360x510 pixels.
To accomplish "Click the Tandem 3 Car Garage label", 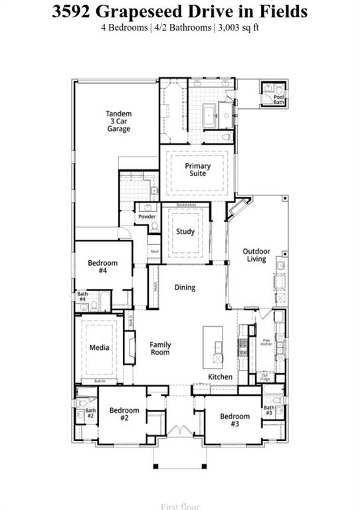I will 119,122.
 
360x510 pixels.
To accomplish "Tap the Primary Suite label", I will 198,170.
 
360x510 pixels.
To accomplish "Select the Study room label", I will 185,232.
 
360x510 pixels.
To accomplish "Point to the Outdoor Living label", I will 256,255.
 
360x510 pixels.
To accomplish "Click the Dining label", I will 185,288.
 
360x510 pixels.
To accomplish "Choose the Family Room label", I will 160,349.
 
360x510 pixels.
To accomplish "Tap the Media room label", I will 100,347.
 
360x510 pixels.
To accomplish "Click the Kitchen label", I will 221,377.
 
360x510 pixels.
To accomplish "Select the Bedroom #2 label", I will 124,414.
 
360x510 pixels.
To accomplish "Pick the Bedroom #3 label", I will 235,420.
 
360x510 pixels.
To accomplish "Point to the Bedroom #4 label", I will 103,267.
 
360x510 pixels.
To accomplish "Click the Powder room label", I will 147,217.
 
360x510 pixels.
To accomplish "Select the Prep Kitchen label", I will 266,341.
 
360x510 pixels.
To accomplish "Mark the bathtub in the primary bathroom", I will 210,114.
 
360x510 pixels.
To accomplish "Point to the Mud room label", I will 154,252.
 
